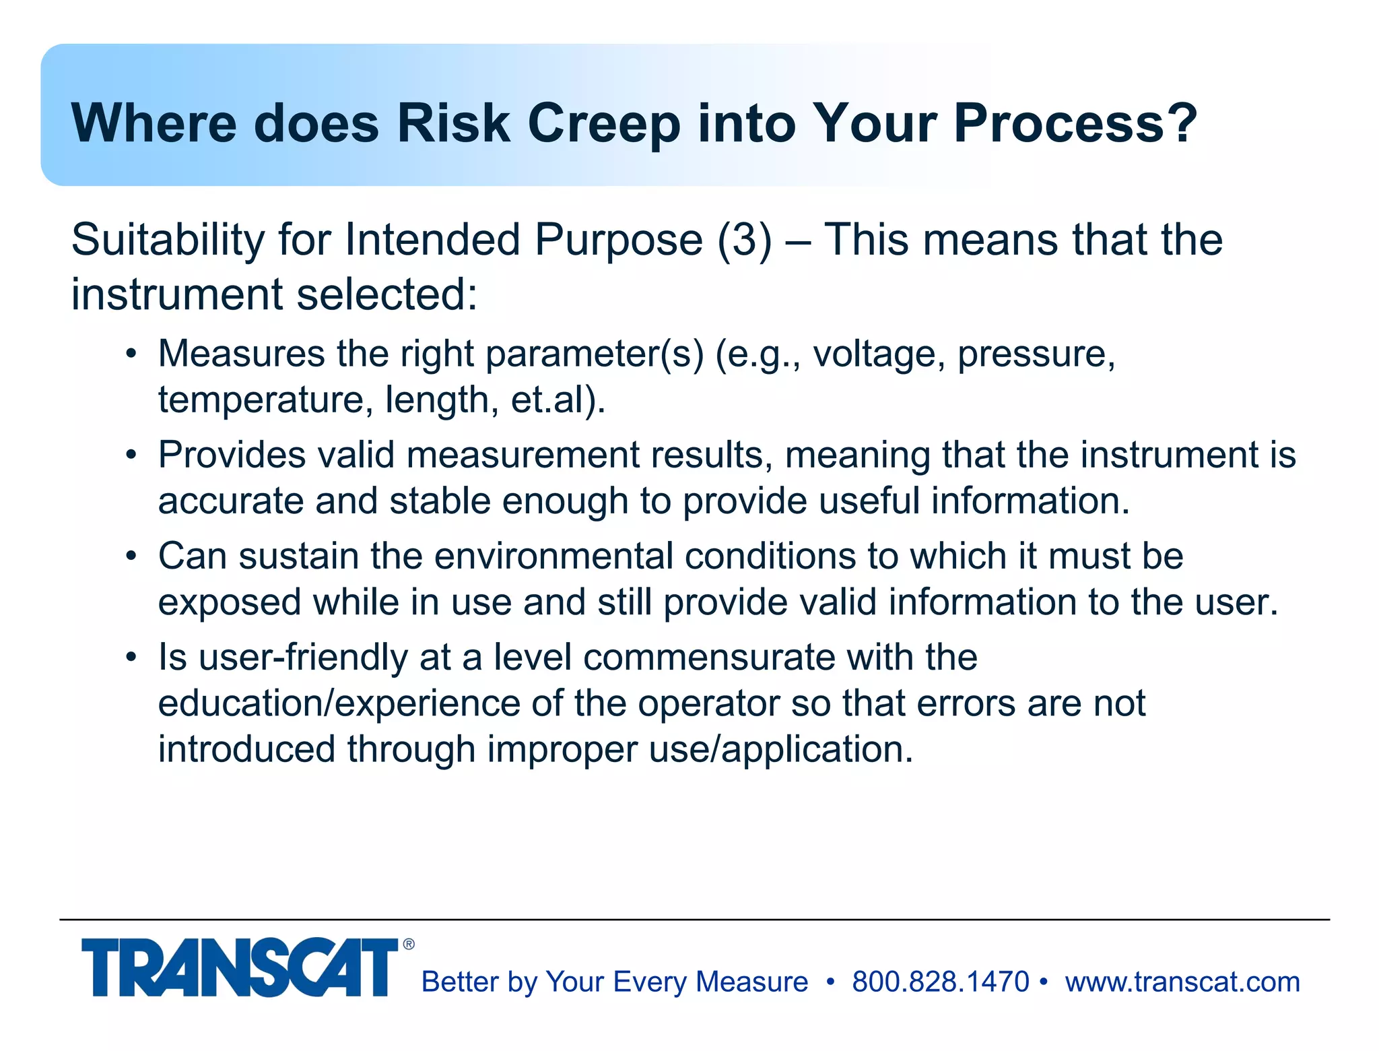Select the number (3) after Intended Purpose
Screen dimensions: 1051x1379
(x=745, y=241)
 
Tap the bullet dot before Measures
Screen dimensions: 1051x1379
(x=131, y=354)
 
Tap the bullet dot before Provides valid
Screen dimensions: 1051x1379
(x=131, y=455)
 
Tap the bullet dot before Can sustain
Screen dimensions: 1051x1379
(x=131, y=556)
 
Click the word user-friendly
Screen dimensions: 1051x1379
(x=303, y=658)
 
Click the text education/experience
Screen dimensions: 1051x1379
(x=339, y=704)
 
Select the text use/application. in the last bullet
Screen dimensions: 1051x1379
(x=781, y=750)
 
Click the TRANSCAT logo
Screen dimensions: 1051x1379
(x=240, y=967)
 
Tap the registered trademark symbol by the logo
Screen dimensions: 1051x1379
(x=409, y=945)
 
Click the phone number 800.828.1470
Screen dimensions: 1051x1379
(x=940, y=982)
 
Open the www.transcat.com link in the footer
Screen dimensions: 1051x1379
(x=1182, y=982)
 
